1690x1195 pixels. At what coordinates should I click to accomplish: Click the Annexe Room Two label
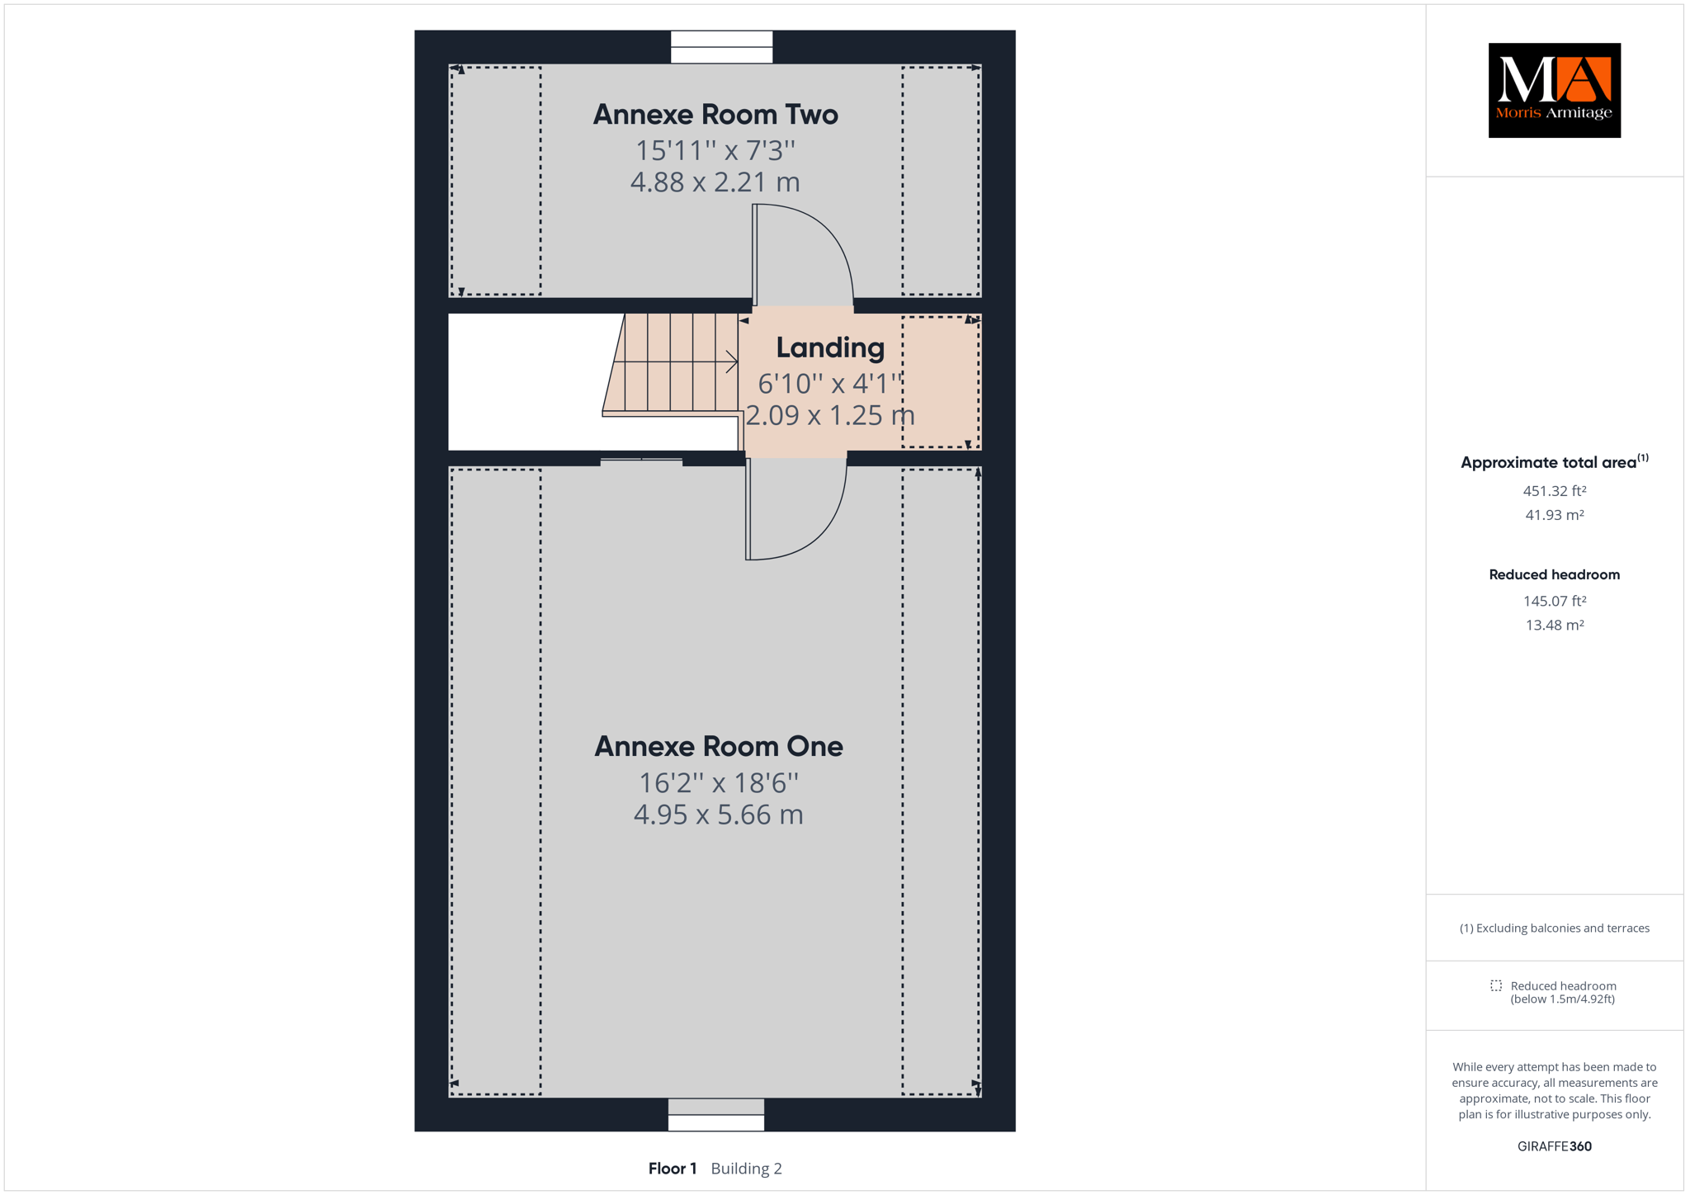pos(715,115)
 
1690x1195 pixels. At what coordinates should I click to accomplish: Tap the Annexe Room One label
pos(719,746)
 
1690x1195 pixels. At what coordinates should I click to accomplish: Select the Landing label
pos(830,348)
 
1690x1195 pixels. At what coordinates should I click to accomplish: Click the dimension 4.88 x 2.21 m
pos(715,182)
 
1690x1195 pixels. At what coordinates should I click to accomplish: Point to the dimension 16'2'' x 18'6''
pos(719,782)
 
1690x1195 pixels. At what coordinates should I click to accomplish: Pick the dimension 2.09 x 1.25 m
pos(830,414)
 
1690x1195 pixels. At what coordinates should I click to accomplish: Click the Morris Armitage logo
pos(1554,91)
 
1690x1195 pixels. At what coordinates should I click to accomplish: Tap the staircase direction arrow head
pos(732,361)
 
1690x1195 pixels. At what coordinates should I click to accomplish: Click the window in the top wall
pos(721,47)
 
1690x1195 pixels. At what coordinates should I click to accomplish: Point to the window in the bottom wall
pos(716,1114)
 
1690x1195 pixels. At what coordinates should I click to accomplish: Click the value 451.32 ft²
pos(1555,491)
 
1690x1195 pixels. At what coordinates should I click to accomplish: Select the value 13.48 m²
pos(1555,626)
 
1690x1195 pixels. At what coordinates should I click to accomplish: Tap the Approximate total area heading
pos(1555,462)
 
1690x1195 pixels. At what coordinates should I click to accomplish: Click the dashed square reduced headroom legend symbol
pos(1496,985)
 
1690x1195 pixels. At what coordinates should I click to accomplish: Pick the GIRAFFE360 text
pos(1555,1146)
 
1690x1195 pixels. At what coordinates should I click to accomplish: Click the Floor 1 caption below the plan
pos(673,1169)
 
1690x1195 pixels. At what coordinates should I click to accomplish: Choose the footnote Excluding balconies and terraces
pos(1555,928)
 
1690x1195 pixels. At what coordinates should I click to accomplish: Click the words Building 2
pos(746,1169)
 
